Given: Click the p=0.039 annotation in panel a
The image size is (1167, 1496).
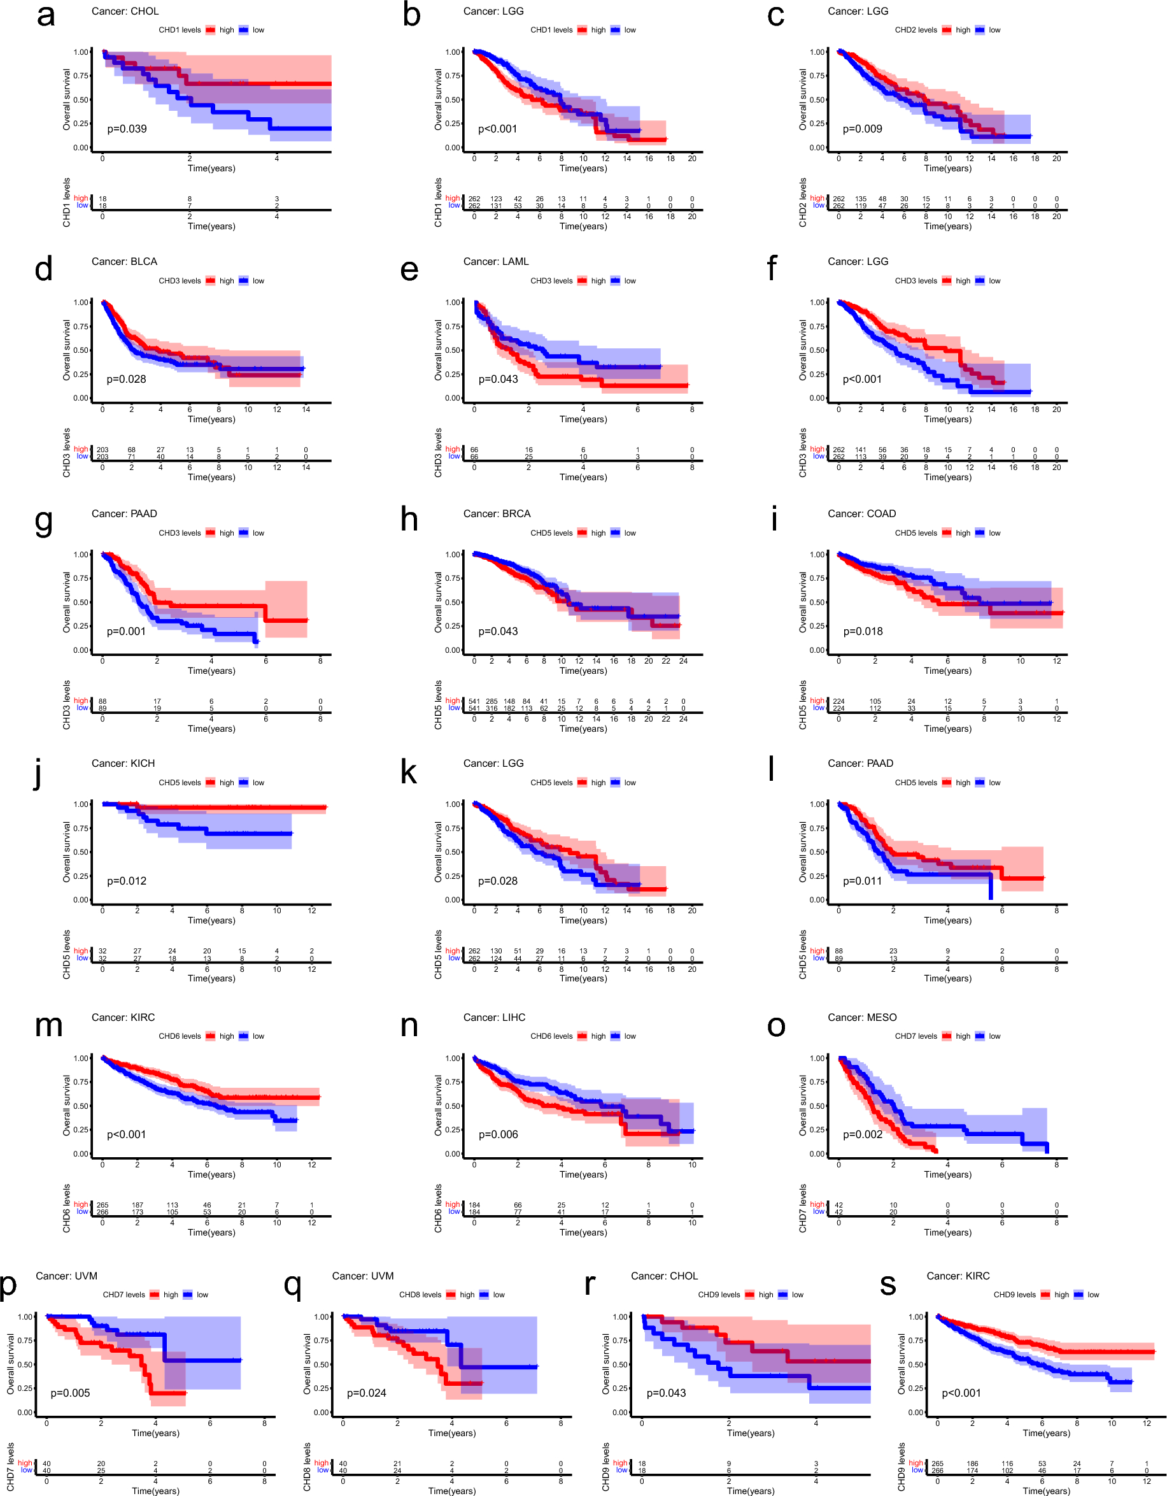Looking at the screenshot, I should tap(127, 129).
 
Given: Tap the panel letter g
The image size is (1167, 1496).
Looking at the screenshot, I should tap(43, 522).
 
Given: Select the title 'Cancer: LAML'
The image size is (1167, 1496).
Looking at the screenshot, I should tap(496, 262).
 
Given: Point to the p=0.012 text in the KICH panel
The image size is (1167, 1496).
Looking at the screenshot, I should tap(127, 881).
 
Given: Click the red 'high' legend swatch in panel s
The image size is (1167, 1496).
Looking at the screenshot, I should tap(1045, 1295).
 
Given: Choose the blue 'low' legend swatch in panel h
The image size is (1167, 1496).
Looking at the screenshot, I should tap(615, 533).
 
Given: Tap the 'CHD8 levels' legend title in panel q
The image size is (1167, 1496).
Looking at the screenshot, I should tap(420, 1295).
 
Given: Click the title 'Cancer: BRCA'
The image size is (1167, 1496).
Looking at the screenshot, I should tap(497, 514).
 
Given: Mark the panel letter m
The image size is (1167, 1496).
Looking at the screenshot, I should tap(48, 1025).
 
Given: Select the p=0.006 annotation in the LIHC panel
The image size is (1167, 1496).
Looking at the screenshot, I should tap(498, 1134).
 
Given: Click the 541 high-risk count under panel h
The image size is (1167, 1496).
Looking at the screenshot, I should tap(474, 701).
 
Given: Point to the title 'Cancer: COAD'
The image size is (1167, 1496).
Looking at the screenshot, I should tap(861, 514).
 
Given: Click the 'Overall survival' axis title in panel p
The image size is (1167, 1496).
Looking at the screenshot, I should tap(10, 1363).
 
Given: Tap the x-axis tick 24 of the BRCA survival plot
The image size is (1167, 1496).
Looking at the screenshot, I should tap(683, 661).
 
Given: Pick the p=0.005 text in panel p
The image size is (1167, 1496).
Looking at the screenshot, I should tap(70, 1393).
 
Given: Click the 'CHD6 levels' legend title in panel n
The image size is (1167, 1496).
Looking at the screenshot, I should tap(551, 1036).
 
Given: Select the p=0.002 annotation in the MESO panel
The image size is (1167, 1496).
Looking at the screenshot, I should tap(862, 1134).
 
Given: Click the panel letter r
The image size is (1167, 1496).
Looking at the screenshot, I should tap(590, 1284).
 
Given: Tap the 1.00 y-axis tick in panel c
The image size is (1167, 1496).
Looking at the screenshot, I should tap(817, 52).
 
